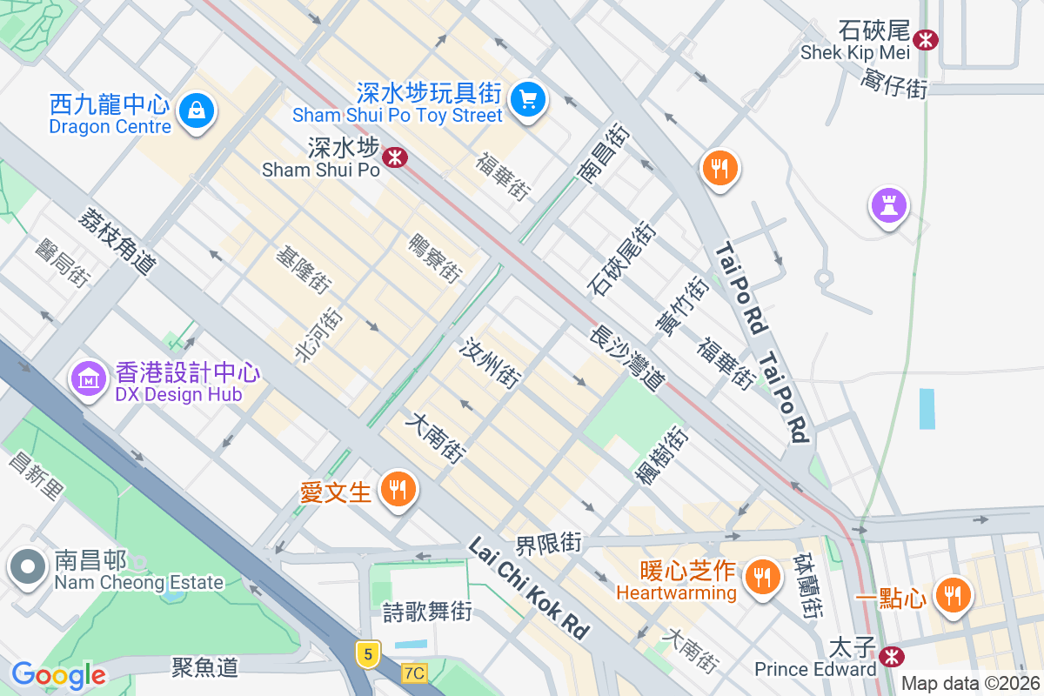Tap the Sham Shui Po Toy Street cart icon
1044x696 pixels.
point(527,99)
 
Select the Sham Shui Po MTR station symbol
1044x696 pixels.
point(396,157)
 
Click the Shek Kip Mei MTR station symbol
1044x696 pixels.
point(926,38)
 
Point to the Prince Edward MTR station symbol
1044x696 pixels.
point(890,655)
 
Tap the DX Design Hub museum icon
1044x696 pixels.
point(88,378)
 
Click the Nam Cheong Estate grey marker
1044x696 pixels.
point(28,567)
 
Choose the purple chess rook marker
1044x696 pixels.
point(888,206)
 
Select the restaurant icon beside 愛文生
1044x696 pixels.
point(398,490)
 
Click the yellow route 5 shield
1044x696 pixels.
point(369,652)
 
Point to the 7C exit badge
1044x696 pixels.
point(415,673)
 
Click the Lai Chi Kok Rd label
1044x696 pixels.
point(528,588)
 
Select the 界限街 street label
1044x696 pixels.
point(548,545)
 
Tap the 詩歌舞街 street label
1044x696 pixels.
point(427,612)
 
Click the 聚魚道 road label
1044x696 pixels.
point(205,667)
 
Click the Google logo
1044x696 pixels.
point(58,674)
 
